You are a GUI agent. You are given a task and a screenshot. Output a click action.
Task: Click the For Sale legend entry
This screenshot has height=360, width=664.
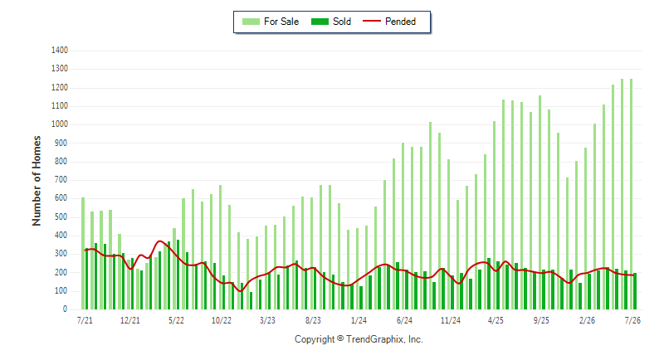(271, 22)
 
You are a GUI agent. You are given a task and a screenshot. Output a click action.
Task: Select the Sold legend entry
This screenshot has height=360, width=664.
(330, 22)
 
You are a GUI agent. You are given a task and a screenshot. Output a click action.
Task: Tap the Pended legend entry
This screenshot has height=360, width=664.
(389, 22)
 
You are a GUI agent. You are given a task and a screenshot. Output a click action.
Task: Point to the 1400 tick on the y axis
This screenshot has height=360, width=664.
(60, 51)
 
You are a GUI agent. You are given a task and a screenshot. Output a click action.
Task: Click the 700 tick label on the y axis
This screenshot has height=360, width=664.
(61, 180)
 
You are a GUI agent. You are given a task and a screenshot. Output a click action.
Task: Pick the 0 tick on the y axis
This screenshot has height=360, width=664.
(66, 309)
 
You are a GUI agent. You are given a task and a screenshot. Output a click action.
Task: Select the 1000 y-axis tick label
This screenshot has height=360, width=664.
(60, 124)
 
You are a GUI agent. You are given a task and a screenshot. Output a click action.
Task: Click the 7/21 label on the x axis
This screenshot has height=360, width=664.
(85, 320)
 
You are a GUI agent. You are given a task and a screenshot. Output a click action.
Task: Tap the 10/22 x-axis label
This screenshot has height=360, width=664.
(222, 320)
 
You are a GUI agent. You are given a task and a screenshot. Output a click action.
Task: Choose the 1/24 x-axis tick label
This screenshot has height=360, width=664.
(359, 320)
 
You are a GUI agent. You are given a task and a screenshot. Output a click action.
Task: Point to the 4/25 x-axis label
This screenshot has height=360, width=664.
(496, 320)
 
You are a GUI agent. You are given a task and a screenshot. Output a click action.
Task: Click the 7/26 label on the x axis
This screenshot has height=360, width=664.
(632, 320)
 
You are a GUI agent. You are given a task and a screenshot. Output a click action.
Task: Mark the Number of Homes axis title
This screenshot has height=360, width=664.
(37, 181)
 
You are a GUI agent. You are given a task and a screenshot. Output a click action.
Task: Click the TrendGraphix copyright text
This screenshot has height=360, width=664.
(359, 339)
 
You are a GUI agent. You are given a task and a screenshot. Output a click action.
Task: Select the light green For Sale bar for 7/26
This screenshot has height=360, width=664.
(631, 194)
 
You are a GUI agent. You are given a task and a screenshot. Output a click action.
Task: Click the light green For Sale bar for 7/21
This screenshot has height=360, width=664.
(83, 253)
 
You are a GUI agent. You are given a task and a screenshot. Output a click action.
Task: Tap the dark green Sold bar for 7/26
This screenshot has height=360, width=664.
(635, 291)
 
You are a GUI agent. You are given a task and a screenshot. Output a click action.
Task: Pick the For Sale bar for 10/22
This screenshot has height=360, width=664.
(220, 247)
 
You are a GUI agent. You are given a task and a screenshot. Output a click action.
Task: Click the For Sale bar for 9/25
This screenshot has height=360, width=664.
(540, 202)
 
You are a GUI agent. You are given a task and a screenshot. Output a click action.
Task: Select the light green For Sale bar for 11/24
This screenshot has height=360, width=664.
(448, 235)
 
